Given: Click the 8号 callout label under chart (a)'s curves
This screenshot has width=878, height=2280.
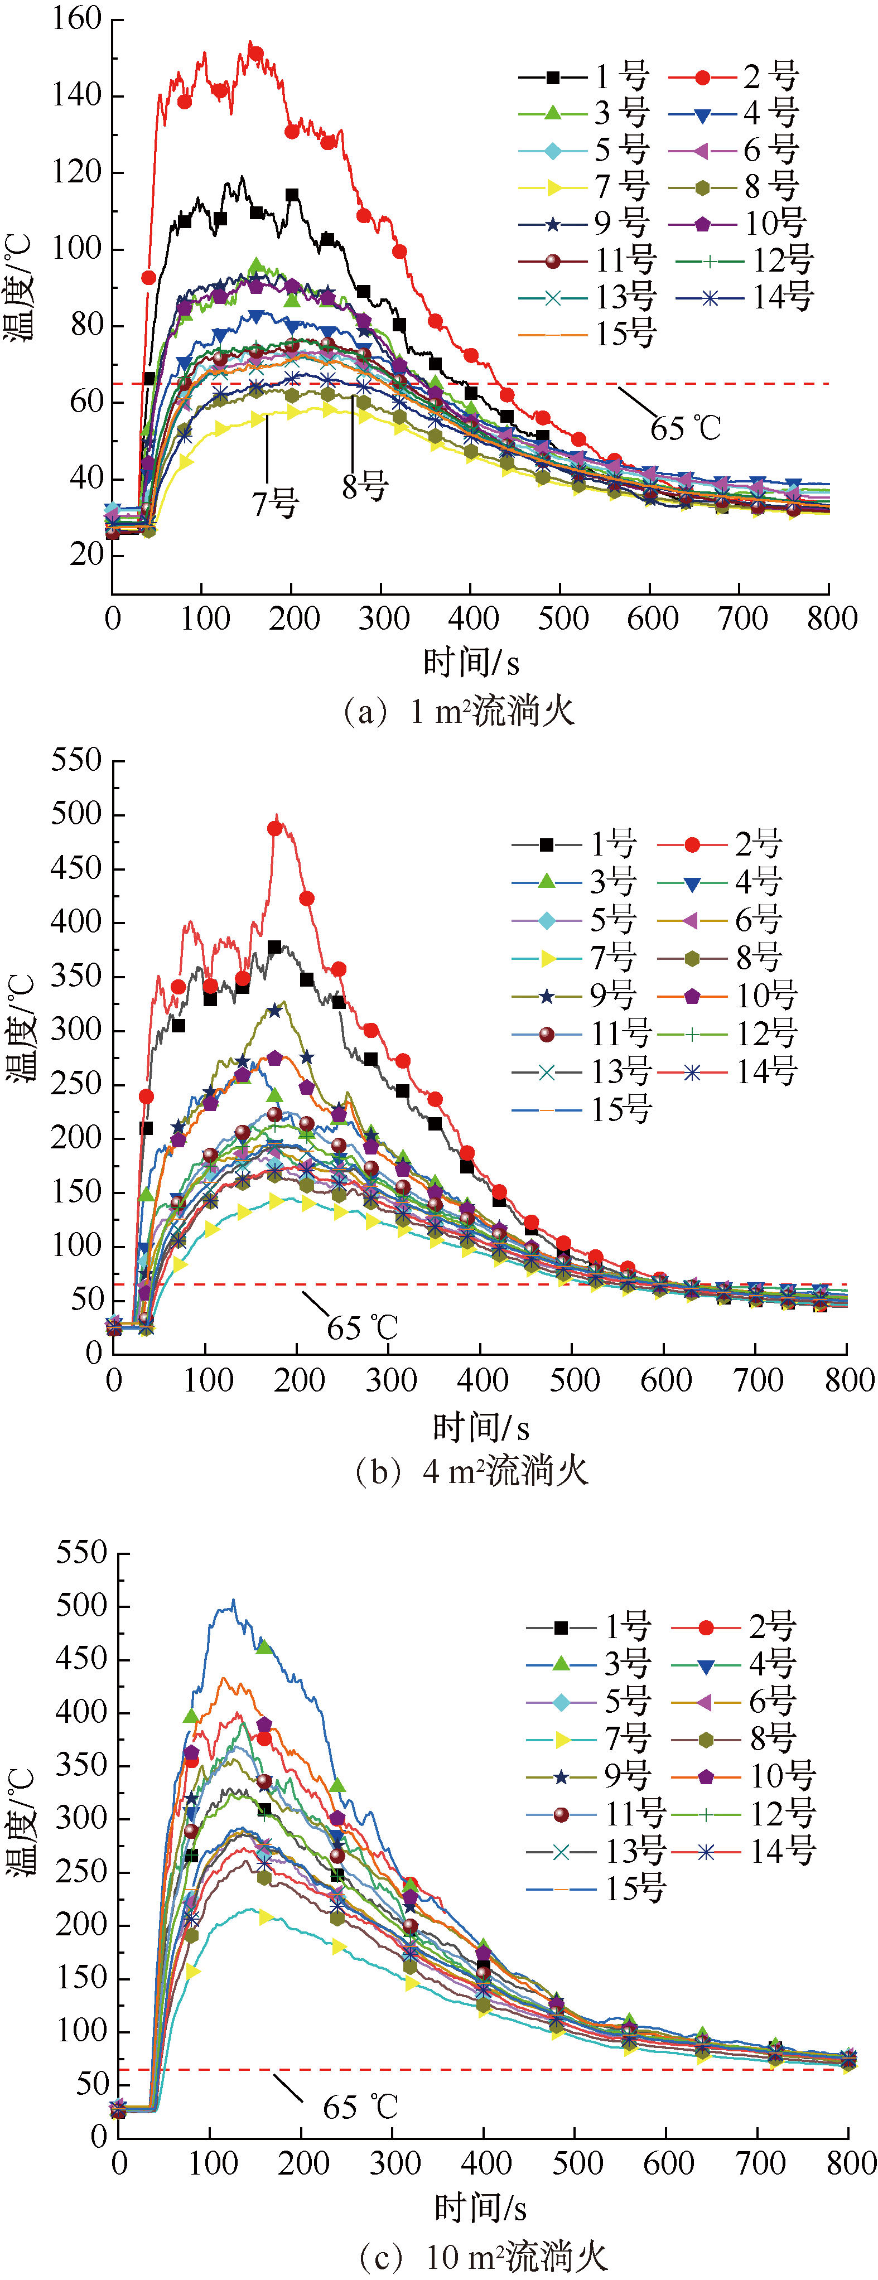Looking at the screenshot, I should pyautogui.click(x=365, y=486).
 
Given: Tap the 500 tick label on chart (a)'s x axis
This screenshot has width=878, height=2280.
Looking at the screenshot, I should pyautogui.click(x=563, y=618).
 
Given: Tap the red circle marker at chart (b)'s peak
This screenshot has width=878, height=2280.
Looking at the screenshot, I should pyautogui.click(x=275, y=828).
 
